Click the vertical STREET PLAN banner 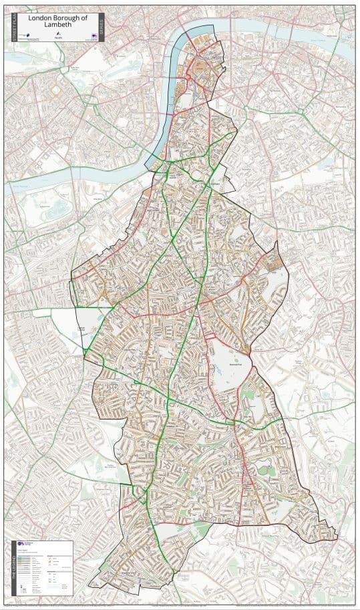[x=15, y=27]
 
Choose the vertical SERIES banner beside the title [x=101, y=27]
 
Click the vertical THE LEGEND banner [x=13, y=568]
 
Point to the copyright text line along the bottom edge [x=180, y=605]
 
